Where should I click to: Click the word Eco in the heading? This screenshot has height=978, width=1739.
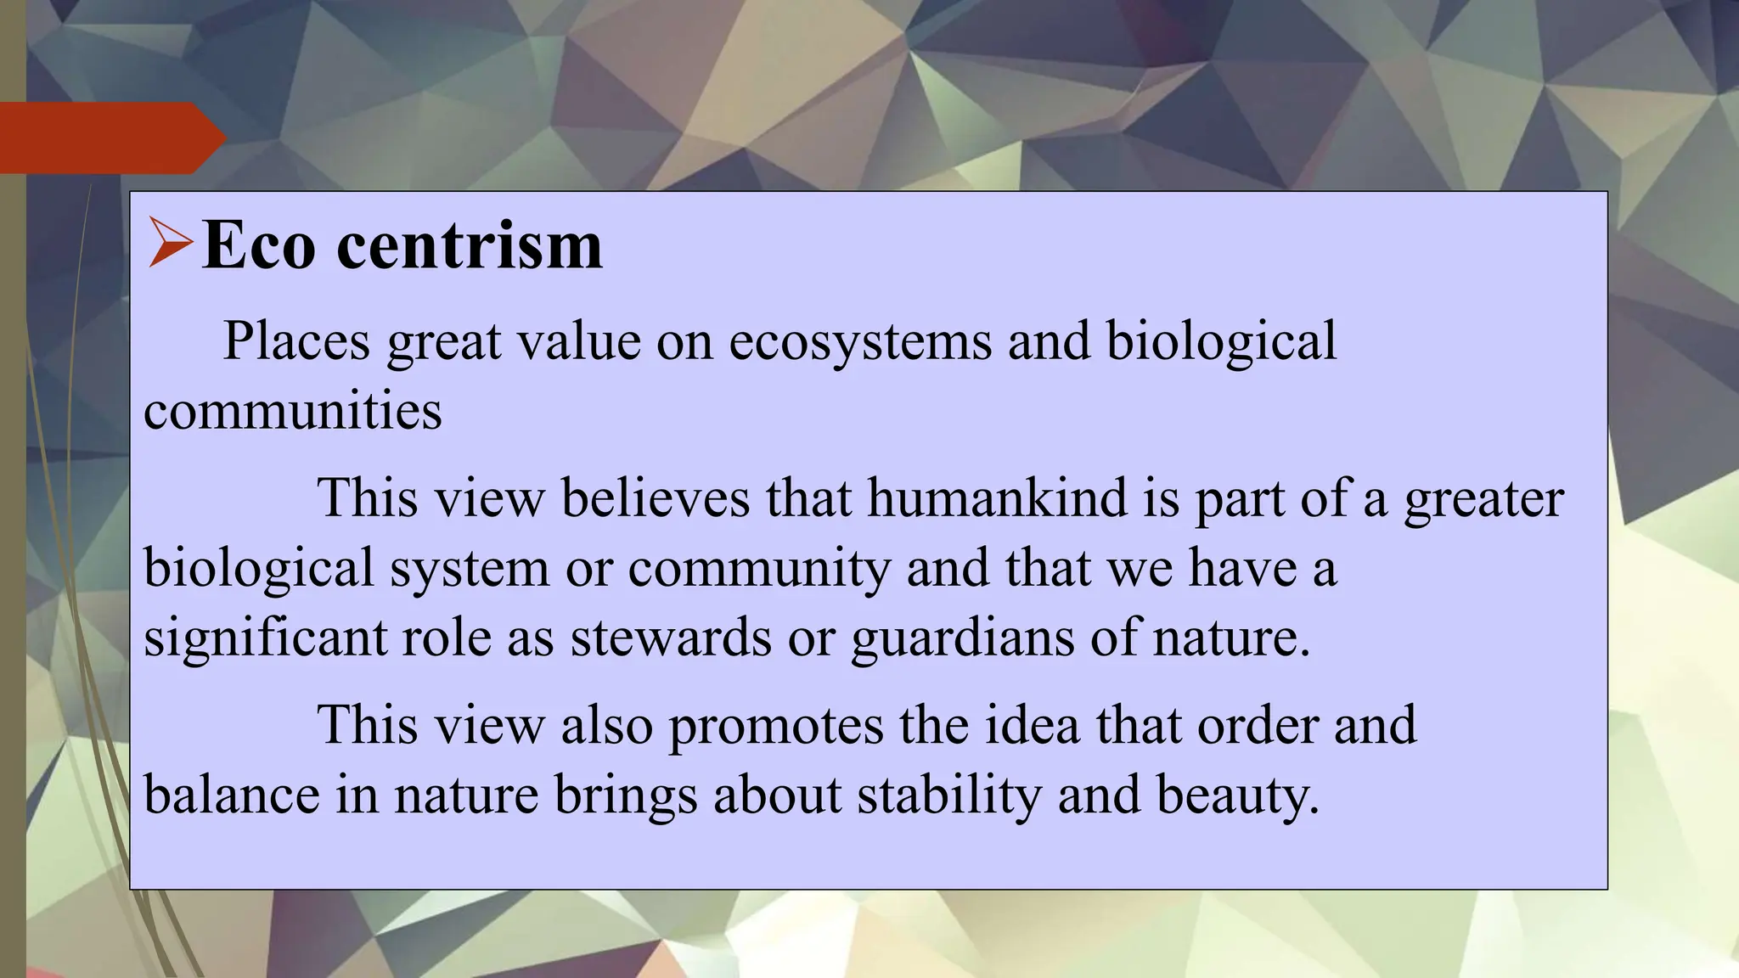click(x=258, y=246)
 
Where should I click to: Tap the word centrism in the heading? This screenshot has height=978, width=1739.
click(x=470, y=246)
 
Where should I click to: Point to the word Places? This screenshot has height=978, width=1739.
click(x=296, y=341)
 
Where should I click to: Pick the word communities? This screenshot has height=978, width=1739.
click(x=293, y=412)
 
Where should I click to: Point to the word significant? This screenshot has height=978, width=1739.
click(x=265, y=638)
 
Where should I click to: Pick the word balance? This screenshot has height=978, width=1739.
click(x=232, y=795)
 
